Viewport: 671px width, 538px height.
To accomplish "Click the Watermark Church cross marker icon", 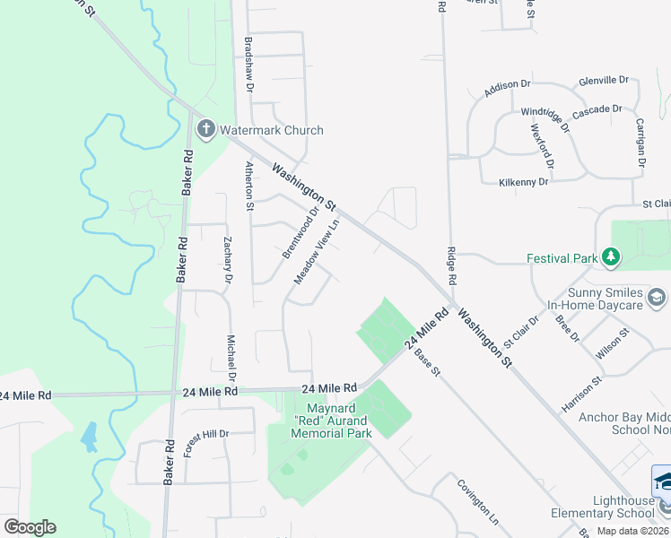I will [x=205, y=130].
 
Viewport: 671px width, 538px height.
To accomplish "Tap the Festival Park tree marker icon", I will [x=611, y=258].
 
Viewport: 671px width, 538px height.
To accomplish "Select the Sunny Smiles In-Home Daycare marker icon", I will [x=657, y=298].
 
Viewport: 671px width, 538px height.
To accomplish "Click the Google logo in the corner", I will [x=30, y=527].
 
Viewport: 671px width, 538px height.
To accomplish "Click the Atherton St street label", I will [x=250, y=186].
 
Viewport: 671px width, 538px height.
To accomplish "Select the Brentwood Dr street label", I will [x=301, y=233].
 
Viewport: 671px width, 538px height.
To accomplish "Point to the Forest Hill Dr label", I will [x=206, y=443].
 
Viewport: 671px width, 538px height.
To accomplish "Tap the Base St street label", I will [x=428, y=361].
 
